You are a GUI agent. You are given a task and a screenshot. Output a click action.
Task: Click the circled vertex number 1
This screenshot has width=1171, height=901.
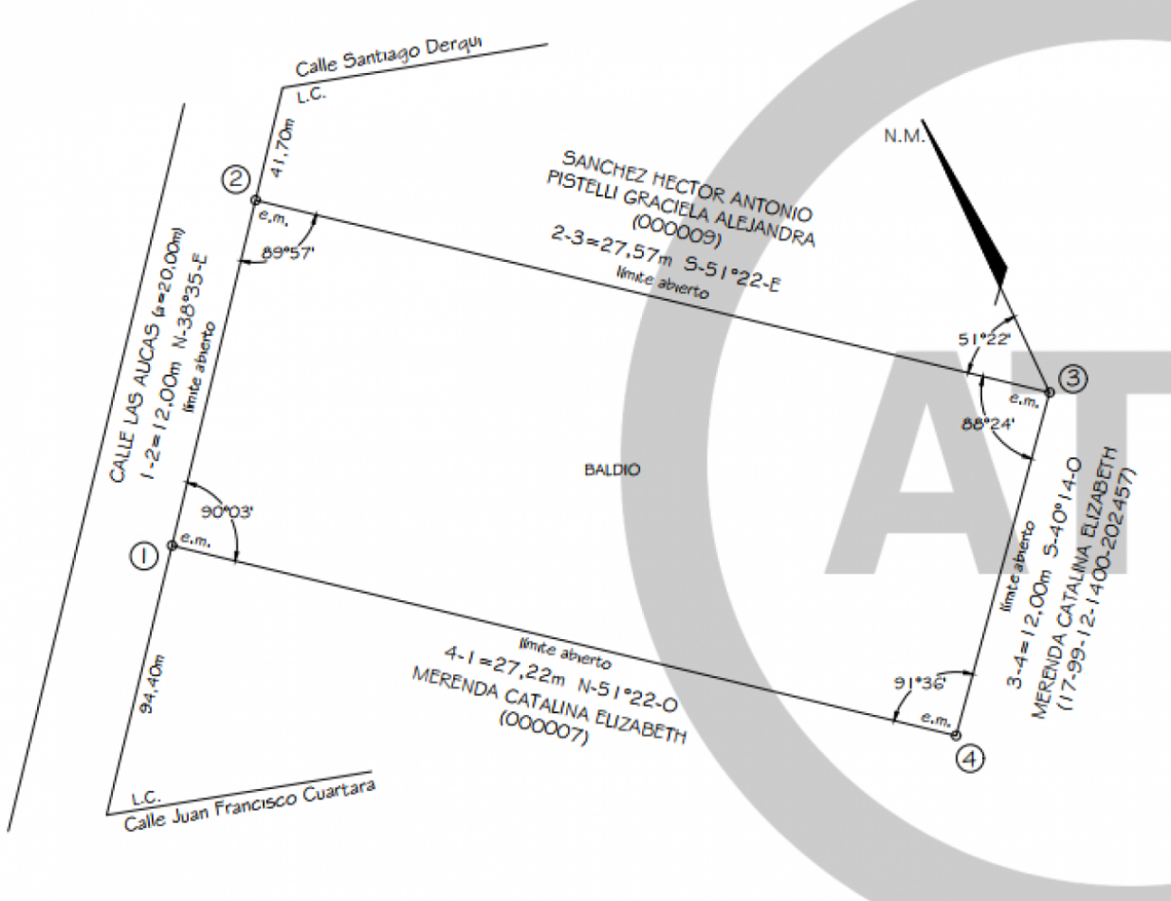pyautogui.click(x=143, y=556)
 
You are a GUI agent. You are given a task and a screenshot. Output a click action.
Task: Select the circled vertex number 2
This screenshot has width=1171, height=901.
pyautogui.click(x=235, y=178)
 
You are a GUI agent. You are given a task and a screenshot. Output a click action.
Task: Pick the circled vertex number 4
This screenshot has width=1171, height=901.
pyautogui.click(x=970, y=758)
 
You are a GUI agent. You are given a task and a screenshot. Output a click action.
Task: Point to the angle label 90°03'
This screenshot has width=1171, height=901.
pyautogui.click(x=227, y=512)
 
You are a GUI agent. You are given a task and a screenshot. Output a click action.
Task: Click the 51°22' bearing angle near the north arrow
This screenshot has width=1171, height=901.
pyautogui.click(x=985, y=339)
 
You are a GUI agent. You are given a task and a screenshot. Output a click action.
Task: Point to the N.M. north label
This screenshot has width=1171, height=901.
pyautogui.click(x=903, y=136)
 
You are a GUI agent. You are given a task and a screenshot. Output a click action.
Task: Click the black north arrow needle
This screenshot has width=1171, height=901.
pyautogui.click(x=967, y=205)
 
